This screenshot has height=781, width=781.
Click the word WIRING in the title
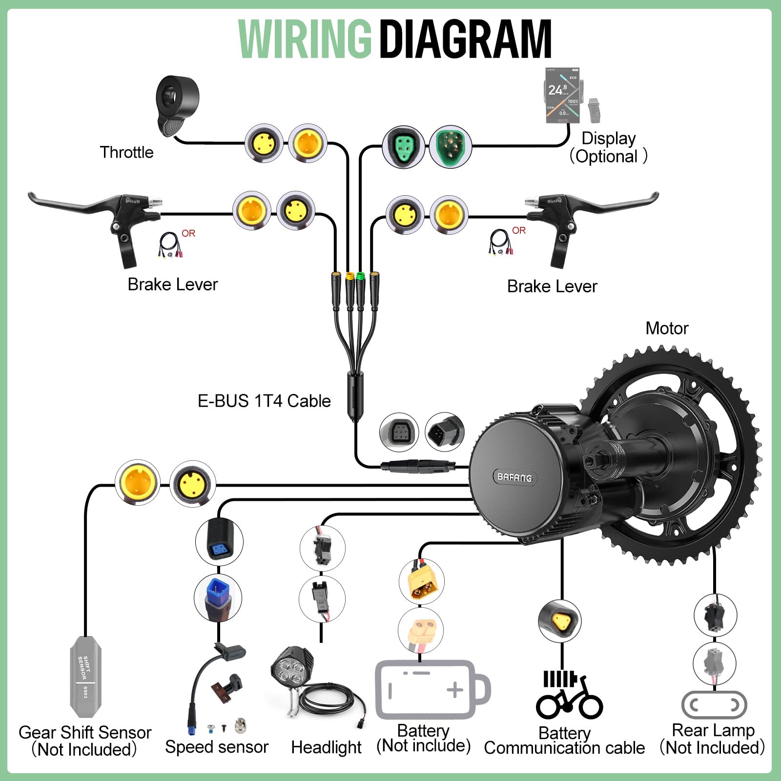[x=305, y=39]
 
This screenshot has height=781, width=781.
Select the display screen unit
[x=562, y=95]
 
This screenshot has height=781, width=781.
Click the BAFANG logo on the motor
[x=514, y=477]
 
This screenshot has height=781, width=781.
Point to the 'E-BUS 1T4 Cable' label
[x=264, y=401]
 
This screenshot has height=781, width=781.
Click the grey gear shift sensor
[x=85, y=676]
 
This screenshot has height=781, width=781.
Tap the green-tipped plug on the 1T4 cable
[x=361, y=276]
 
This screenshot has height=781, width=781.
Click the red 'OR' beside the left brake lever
[x=188, y=233]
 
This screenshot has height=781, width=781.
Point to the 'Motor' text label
[x=667, y=329]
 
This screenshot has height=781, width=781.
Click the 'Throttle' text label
[x=126, y=152]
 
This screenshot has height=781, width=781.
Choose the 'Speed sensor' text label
[x=217, y=747]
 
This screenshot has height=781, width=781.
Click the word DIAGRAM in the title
[x=466, y=39]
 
